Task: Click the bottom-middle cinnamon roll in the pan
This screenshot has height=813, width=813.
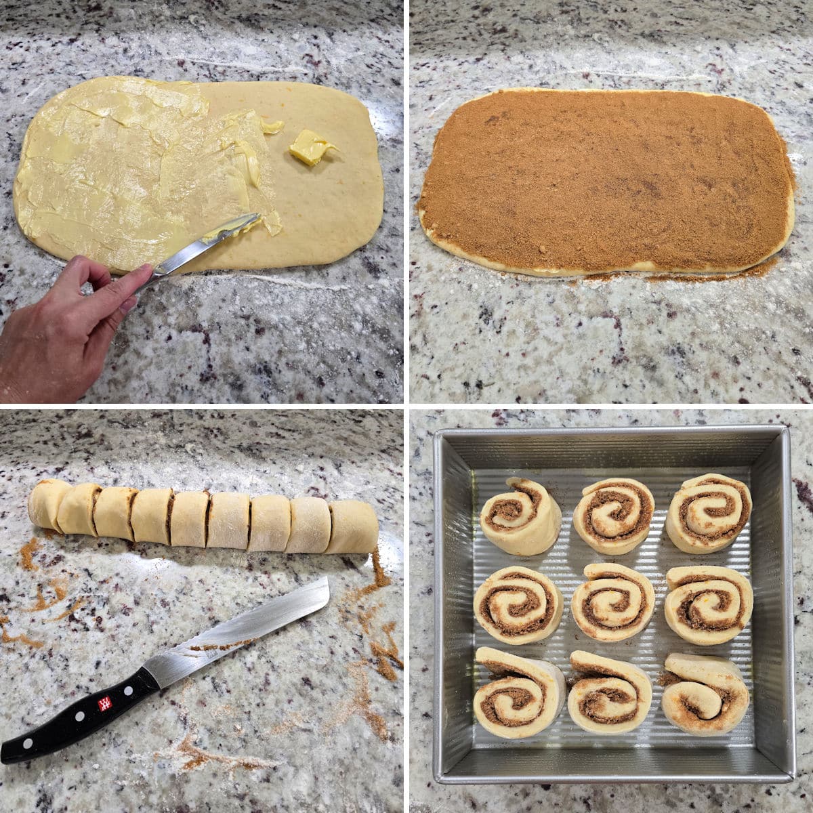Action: (609, 691)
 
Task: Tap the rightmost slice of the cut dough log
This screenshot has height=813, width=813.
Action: (352, 526)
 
